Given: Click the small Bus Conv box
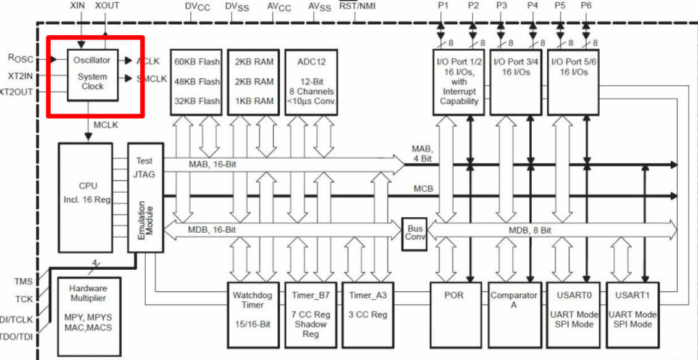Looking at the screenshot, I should pyautogui.click(x=414, y=233).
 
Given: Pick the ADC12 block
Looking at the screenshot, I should pyautogui.click(x=311, y=82).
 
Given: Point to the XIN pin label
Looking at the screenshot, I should pyautogui.click(x=79, y=6).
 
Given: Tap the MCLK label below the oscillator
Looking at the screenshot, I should pyautogui.click(x=106, y=125).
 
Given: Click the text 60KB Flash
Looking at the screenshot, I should pyautogui.click(x=197, y=62).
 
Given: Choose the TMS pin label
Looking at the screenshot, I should pyautogui.click(x=23, y=282).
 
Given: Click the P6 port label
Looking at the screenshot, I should pyautogui.click(x=586, y=6).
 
